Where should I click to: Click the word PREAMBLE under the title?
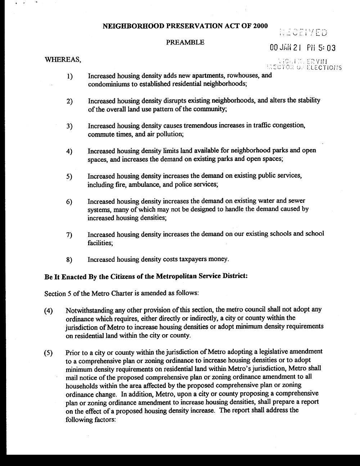click(185, 42)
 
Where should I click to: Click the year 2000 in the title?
click(260, 26)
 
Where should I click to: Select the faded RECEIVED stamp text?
click(303, 32)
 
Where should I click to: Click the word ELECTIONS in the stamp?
click(324, 67)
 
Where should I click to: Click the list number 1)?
click(69, 76)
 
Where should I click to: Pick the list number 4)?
click(69, 152)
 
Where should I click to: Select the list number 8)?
click(69, 260)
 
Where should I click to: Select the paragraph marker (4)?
click(49, 311)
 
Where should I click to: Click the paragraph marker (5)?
click(49, 353)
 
